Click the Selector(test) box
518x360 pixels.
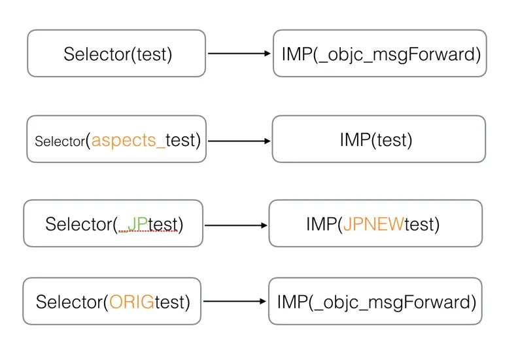(116, 54)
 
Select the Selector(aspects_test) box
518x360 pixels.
(116, 139)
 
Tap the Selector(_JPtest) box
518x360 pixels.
(113, 224)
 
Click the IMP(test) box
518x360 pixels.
(379, 139)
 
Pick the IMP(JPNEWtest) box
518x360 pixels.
(375, 224)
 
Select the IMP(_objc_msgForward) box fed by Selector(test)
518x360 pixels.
(380, 54)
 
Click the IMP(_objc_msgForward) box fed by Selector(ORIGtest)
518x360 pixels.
(375, 302)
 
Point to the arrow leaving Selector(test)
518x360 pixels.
(239, 54)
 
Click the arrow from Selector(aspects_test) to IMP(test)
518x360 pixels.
(239, 140)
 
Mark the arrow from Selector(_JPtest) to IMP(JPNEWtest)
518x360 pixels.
(236, 225)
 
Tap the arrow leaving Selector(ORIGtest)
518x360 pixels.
(235, 302)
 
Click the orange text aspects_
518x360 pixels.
(129, 139)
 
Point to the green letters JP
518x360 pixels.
(138, 224)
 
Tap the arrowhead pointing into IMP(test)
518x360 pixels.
(267, 140)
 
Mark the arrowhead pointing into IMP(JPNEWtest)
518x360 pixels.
(264, 225)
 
